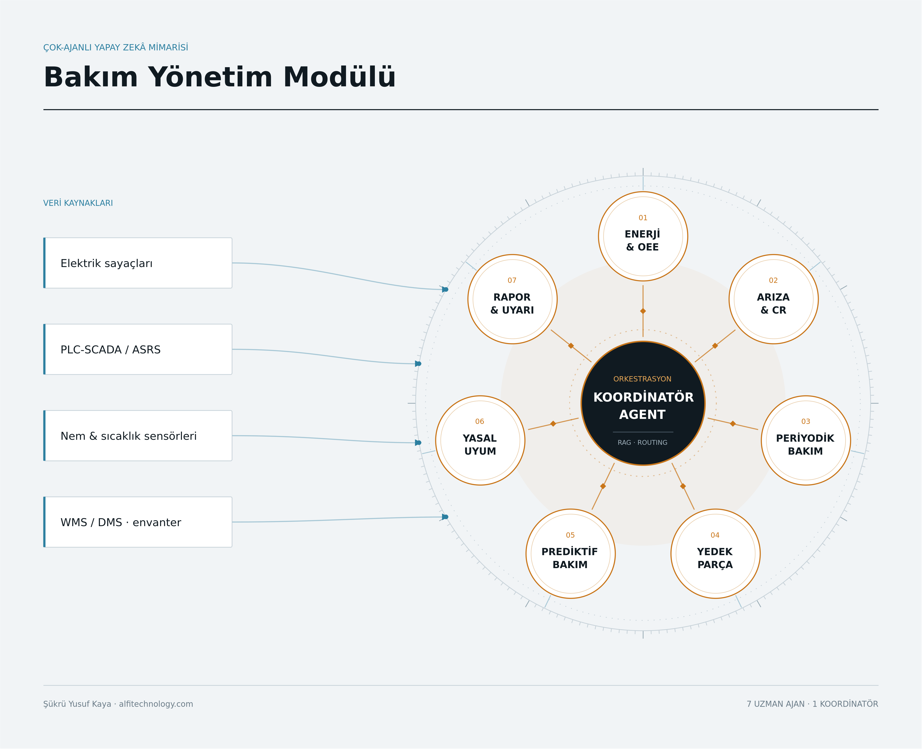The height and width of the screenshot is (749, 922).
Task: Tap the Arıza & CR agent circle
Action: point(773,299)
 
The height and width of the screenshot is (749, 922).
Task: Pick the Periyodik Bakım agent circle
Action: point(806,440)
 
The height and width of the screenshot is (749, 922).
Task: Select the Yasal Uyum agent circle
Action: point(480,440)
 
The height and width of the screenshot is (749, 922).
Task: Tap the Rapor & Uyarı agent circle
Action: point(512,299)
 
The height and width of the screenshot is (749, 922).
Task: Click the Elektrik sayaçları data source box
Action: point(138,263)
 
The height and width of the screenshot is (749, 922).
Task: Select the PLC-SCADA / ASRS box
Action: point(138,349)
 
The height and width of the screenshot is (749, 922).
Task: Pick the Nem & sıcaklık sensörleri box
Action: point(138,436)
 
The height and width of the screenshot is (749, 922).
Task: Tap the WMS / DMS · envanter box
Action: point(138,522)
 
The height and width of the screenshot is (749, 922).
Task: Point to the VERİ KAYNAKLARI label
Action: point(78,203)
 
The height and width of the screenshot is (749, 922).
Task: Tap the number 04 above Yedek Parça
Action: point(715,535)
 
